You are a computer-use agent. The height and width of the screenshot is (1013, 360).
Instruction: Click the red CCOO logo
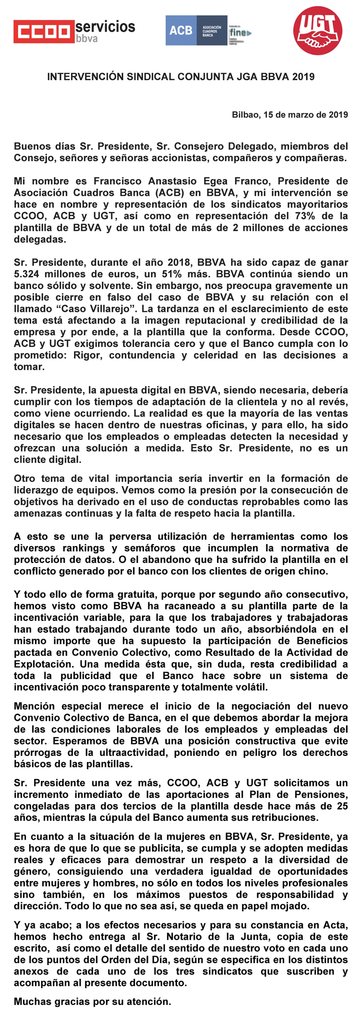pos(44,32)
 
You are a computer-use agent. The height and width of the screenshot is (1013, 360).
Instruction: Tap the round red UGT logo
pos(318,31)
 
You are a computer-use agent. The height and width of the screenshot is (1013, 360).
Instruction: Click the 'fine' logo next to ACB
pos(240,32)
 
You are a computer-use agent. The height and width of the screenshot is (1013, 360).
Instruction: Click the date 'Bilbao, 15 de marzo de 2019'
pos(290,115)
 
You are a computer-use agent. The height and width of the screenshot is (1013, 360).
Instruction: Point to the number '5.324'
pos(27,274)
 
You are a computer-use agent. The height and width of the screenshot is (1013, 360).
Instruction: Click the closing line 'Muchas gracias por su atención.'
pos(92,1002)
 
